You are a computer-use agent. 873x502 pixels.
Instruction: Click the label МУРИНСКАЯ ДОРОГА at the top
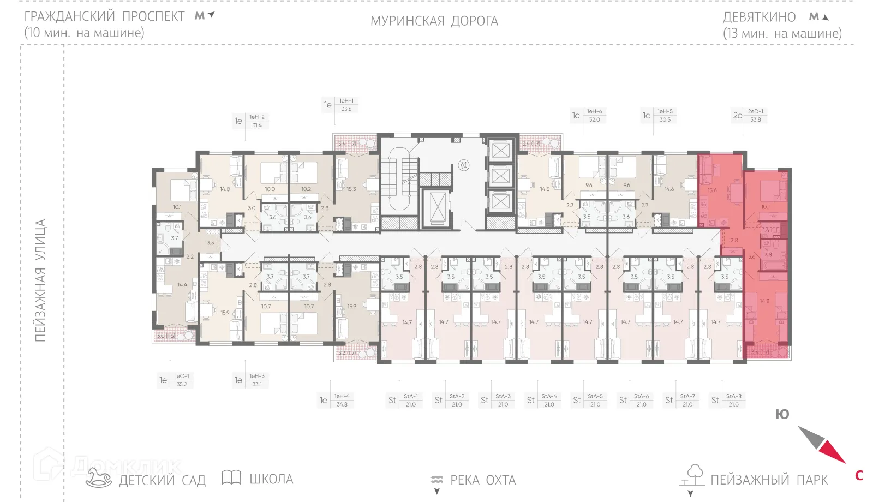434,21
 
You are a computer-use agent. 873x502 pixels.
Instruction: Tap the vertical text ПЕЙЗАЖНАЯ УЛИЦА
40,280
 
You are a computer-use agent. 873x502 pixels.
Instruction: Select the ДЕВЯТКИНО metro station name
759,17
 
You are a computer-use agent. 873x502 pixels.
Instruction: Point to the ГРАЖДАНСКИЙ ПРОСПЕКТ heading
105,16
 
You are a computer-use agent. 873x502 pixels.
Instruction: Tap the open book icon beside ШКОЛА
231,477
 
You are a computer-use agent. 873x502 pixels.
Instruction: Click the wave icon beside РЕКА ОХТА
436,480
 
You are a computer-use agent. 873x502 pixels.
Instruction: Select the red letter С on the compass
859,476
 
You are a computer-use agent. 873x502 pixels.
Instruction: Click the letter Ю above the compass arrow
782,415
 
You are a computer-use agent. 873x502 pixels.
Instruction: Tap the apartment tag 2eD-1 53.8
755,115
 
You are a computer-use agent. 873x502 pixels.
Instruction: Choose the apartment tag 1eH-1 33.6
346,105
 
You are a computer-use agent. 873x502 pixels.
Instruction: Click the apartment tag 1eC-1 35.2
182,380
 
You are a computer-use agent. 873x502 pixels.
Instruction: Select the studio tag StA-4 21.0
549,400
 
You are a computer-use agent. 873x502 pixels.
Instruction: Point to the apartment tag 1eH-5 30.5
665,115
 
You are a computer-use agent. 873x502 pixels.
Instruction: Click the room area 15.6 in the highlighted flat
712,190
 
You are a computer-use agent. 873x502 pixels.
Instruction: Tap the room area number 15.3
351,189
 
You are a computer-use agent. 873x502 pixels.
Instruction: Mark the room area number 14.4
182,284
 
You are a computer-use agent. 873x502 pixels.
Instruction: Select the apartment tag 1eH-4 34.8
342,400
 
